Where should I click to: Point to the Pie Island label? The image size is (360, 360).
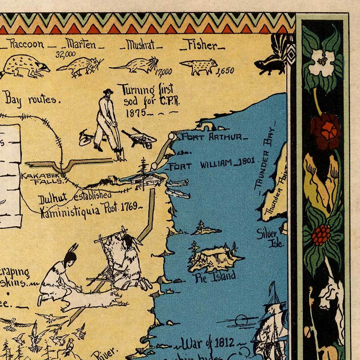[215, 277]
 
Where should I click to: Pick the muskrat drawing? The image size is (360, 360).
[135, 65]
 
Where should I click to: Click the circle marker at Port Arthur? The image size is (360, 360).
[172, 137]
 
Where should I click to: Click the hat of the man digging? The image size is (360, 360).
[108, 91]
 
